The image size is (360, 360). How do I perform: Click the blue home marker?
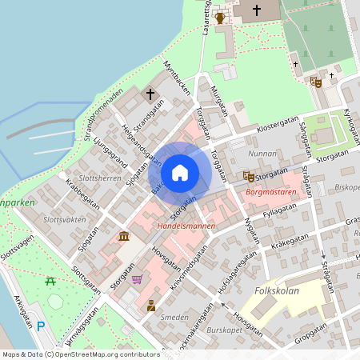180,172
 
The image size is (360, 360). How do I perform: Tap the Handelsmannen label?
186,227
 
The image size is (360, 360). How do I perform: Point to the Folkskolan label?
277,290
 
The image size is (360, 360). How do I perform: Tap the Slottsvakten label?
64,218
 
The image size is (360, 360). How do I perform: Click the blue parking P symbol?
41,326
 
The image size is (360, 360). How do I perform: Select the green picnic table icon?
50,281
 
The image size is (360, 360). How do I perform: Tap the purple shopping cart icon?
138,279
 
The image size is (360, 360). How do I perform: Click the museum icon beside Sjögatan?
123,237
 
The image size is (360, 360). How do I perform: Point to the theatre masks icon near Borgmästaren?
249,175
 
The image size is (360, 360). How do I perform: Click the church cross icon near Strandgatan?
150,94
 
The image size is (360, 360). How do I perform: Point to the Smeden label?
174,318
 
